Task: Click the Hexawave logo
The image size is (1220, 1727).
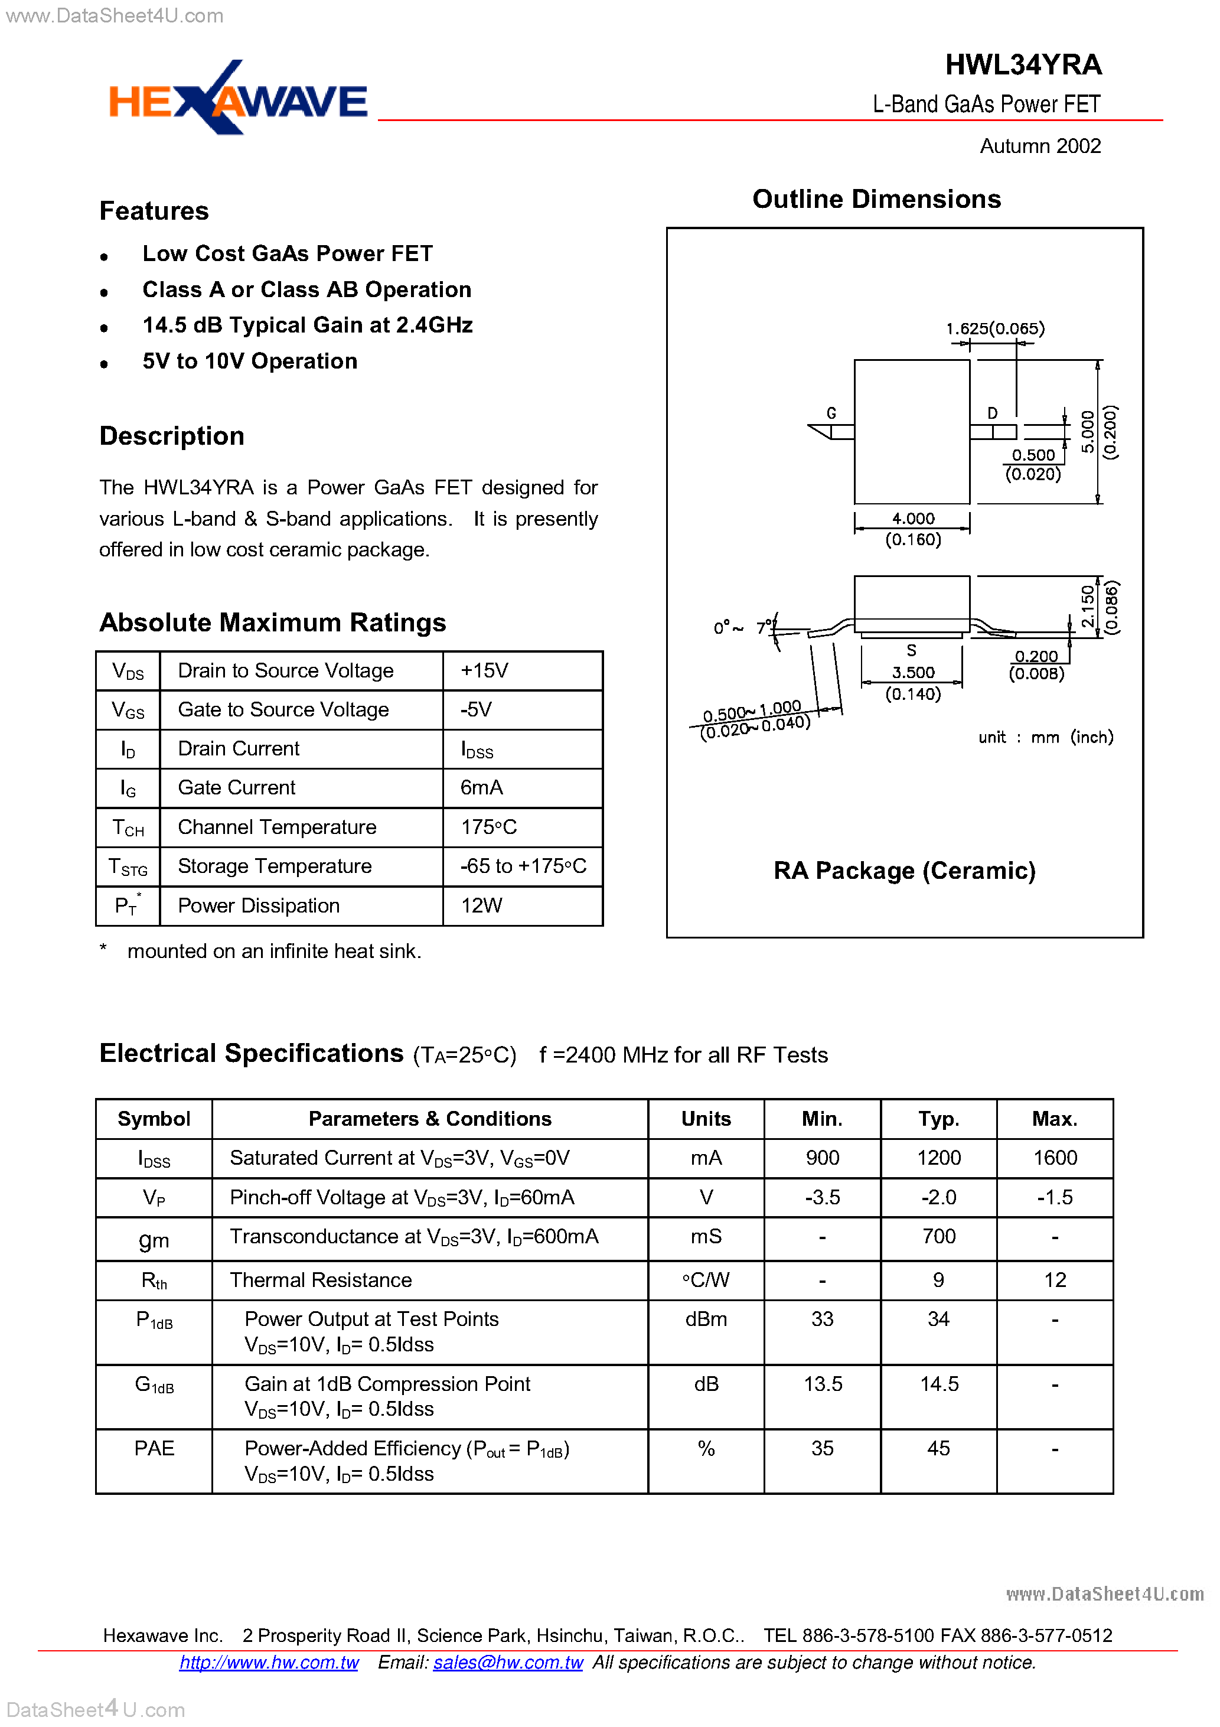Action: [238, 99]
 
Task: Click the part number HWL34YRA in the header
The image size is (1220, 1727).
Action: [1022, 65]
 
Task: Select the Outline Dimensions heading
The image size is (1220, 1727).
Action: [876, 199]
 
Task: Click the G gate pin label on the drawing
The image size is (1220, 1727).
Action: [831, 413]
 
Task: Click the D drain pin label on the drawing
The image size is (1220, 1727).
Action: [992, 413]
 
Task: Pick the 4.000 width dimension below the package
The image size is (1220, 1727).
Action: [913, 518]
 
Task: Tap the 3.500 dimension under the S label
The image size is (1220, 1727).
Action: [913, 672]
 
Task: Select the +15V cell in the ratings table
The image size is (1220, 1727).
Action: [484, 670]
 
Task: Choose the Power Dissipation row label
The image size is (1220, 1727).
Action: [259, 905]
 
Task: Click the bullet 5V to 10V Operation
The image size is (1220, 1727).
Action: [250, 361]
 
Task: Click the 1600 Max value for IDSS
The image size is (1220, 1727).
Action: [1055, 1158]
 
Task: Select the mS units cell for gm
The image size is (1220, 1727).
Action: [706, 1237]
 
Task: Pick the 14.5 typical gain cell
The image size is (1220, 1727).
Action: [939, 1384]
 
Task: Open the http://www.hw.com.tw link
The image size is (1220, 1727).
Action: [269, 1662]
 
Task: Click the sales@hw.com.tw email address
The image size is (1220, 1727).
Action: [508, 1662]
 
